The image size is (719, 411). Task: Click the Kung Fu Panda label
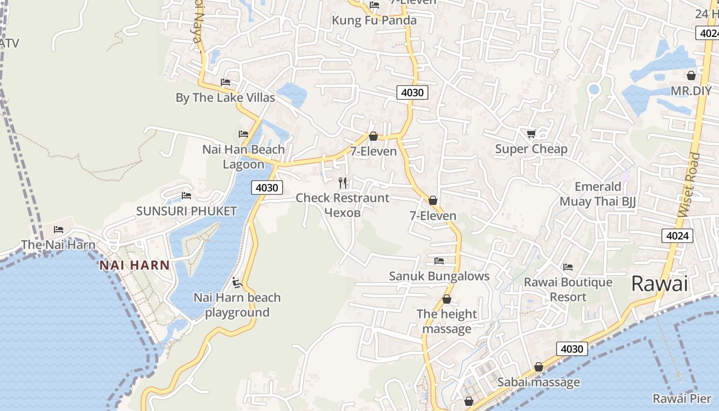pos(374,21)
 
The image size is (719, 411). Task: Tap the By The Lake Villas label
pos(225,98)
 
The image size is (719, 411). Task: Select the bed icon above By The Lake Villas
pos(225,82)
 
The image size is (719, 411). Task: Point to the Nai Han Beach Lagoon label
pos(243,157)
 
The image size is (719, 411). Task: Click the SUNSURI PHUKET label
pos(186,211)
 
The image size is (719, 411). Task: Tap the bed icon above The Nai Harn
pos(59,230)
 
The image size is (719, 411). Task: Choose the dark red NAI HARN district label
pos(135,265)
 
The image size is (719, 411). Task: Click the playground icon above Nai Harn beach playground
pos(237,282)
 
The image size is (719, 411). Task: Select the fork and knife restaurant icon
pos(343,182)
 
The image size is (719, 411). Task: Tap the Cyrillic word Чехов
pos(343,213)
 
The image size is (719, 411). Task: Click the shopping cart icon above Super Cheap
pos(531,134)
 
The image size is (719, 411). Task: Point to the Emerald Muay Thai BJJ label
pos(598,194)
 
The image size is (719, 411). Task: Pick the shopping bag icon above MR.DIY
pos(691,76)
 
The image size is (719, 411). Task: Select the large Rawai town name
pos(659,284)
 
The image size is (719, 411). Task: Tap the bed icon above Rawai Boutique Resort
pos(567,267)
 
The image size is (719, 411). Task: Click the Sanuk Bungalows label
pos(439,276)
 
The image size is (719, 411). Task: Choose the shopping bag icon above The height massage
pos(447,299)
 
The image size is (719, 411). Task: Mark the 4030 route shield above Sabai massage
pos(572,349)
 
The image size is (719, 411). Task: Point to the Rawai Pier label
pos(682,399)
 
